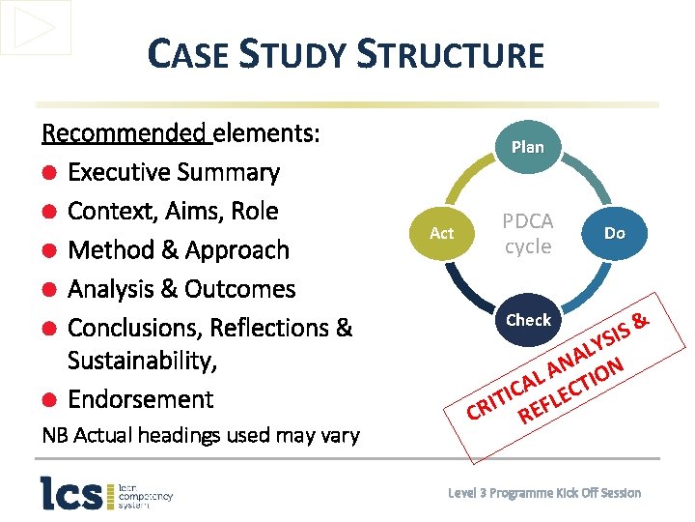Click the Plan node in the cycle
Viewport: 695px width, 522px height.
(x=528, y=147)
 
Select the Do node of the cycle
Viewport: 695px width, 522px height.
(x=614, y=233)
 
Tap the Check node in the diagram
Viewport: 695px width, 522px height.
(x=528, y=319)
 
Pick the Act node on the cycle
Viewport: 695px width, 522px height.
(x=441, y=233)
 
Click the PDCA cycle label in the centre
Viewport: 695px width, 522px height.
(x=528, y=234)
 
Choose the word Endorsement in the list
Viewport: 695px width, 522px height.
(x=141, y=399)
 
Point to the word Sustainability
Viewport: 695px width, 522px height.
(x=139, y=362)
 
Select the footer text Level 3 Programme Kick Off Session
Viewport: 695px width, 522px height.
(x=544, y=493)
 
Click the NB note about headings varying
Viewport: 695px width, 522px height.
(x=201, y=435)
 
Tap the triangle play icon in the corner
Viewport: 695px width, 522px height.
(x=36, y=27)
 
